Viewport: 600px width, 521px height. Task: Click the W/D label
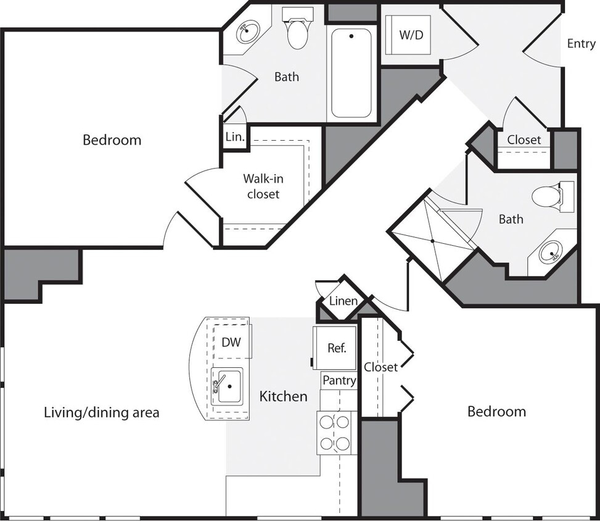[x=411, y=35]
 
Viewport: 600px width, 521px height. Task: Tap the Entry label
[x=581, y=43]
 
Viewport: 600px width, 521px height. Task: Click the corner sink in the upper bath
[x=248, y=31]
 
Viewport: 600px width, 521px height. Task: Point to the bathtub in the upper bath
[x=351, y=72]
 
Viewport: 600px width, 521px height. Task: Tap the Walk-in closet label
[x=263, y=186]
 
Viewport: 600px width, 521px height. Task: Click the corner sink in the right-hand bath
[x=550, y=252]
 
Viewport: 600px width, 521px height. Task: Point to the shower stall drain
[x=432, y=241]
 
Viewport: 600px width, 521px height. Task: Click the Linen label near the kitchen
[x=343, y=301]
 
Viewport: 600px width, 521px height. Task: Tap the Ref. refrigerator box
[x=336, y=348]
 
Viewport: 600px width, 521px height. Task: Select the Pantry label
[x=339, y=381]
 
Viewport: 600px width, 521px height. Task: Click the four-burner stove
[x=334, y=433]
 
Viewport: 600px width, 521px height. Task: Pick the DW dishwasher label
[x=231, y=342]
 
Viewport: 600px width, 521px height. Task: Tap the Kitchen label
[x=283, y=396]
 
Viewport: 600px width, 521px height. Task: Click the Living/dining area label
[x=102, y=412]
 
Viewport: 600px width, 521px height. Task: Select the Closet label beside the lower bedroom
[x=380, y=367]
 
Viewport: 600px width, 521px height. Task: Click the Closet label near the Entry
[x=524, y=140]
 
